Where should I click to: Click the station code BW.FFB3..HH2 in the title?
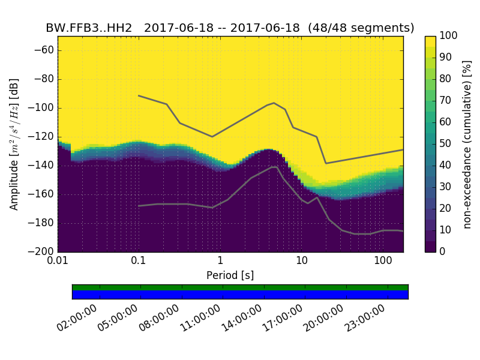click(89, 28)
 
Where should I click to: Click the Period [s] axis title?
click(230, 275)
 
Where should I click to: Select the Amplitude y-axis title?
click(14, 144)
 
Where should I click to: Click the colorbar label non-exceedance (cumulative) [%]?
click(468, 144)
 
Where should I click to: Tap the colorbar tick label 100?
click(449, 36)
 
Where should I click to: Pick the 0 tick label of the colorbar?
click(443, 251)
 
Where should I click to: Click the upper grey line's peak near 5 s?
click(274, 103)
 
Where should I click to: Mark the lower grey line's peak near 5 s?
click(274, 167)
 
